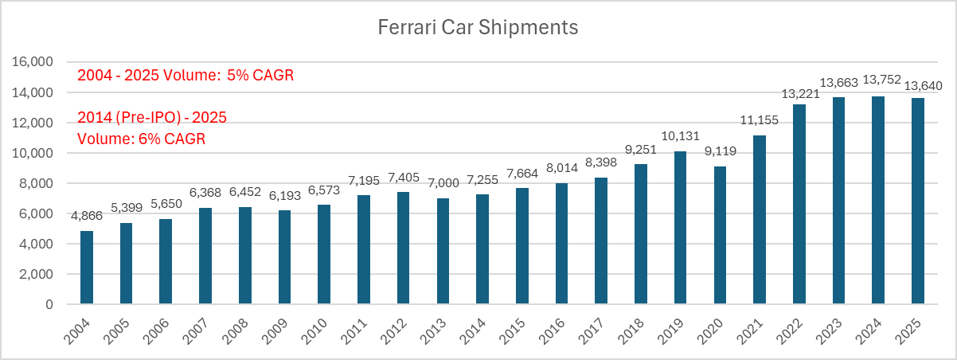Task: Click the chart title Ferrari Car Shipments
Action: pyautogui.click(x=478, y=27)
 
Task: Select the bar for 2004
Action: pyautogui.click(x=87, y=268)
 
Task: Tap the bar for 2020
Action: pyautogui.click(x=720, y=235)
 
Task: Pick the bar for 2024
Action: pyautogui.click(x=878, y=200)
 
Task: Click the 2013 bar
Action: pyautogui.click(x=443, y=251)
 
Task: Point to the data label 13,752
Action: pyautogui.click(x=882, y=80)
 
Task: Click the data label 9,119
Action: pyautogui.click(x=721, y=151)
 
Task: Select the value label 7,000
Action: pyautogui.click(x=443, y=183)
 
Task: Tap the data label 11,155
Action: pyautogui.click(x=760, y=120)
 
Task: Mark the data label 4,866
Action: pyautogui.click(x=87, y=216)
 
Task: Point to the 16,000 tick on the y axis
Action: pyautogui.click(x=33, y=61)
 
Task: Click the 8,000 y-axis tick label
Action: pyautogui.click(x=36, y=183)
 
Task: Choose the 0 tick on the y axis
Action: pyautogui.click(x=49, y=304)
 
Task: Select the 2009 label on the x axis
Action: pyautogui.click(x=275, y=332)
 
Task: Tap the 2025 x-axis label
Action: pyautogui.click(x=908, y=332)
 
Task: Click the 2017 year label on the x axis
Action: pyautogui.click(x=592, y=332)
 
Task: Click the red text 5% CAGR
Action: pyautogui.click(x=260, y=75)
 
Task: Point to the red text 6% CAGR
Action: pyautogui.click(x=172, y=139)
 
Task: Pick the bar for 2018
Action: pyautogui.click(x=641, y=234)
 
